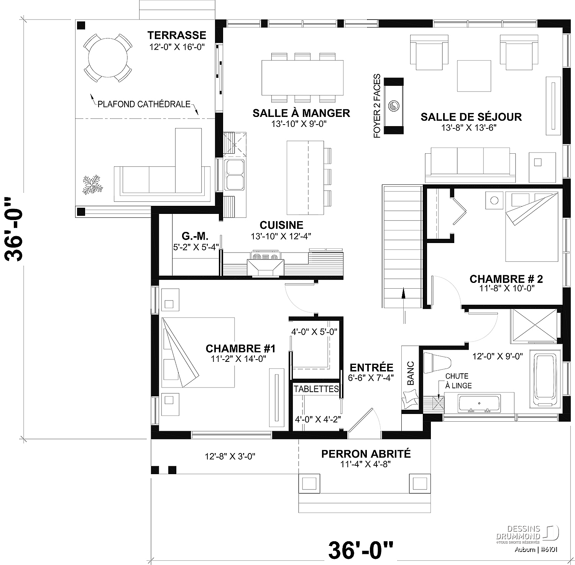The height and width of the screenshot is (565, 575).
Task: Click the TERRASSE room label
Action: click(177, 35)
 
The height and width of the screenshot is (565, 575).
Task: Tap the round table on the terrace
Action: click(108, 58)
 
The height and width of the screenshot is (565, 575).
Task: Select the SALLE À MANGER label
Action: click(301, 113)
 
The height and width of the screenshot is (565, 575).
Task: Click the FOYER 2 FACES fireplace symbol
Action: click(394, 106)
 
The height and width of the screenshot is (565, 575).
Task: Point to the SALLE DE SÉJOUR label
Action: click(471, 117)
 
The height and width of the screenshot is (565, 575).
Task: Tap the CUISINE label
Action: click(281, 225)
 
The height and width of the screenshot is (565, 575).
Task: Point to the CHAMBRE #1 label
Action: click(240, 348)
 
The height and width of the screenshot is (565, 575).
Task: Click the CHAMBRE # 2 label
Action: click(506, 279)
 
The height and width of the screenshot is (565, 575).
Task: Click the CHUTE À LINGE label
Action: click(458, 381)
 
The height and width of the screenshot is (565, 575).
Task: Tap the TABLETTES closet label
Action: click(316, 389)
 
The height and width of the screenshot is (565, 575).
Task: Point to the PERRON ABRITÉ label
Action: click(366, 454)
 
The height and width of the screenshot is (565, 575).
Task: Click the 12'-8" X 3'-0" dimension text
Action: click(230, 456)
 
